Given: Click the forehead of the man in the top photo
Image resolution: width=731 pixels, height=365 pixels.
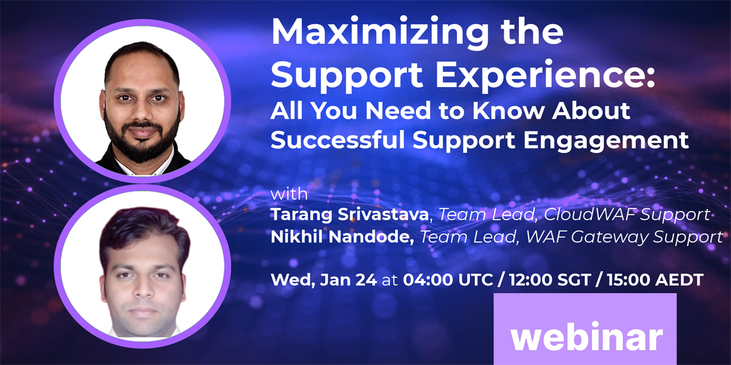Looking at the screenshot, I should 142,73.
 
